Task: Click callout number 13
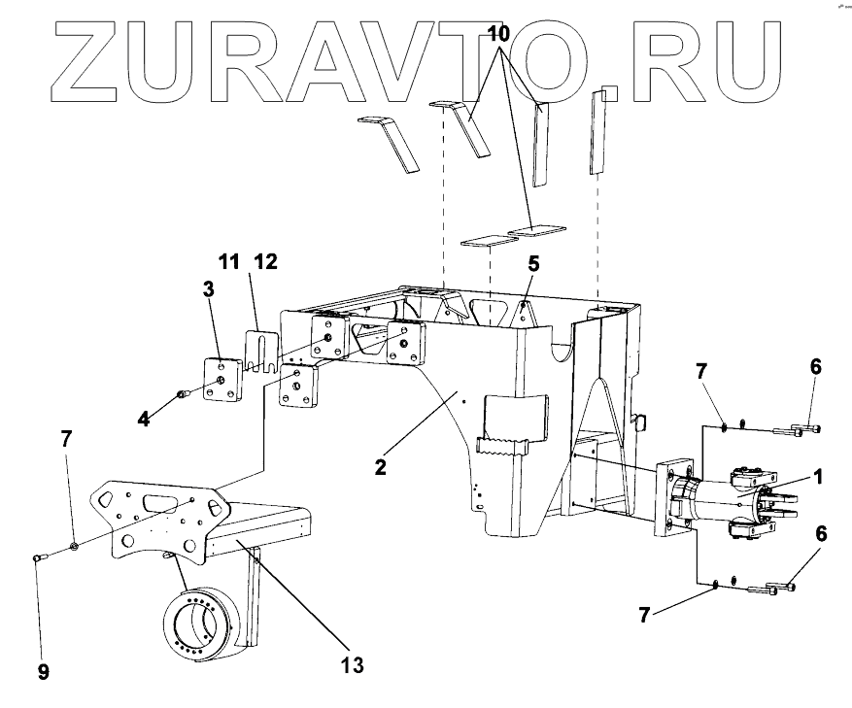352,665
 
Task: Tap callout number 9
43,671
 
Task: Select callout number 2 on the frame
382,466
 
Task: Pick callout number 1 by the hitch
818,477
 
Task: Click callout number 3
208,288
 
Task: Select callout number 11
227,261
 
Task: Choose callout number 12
264,261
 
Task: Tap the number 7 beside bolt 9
66,438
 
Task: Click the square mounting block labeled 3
223,380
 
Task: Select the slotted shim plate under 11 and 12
260,352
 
